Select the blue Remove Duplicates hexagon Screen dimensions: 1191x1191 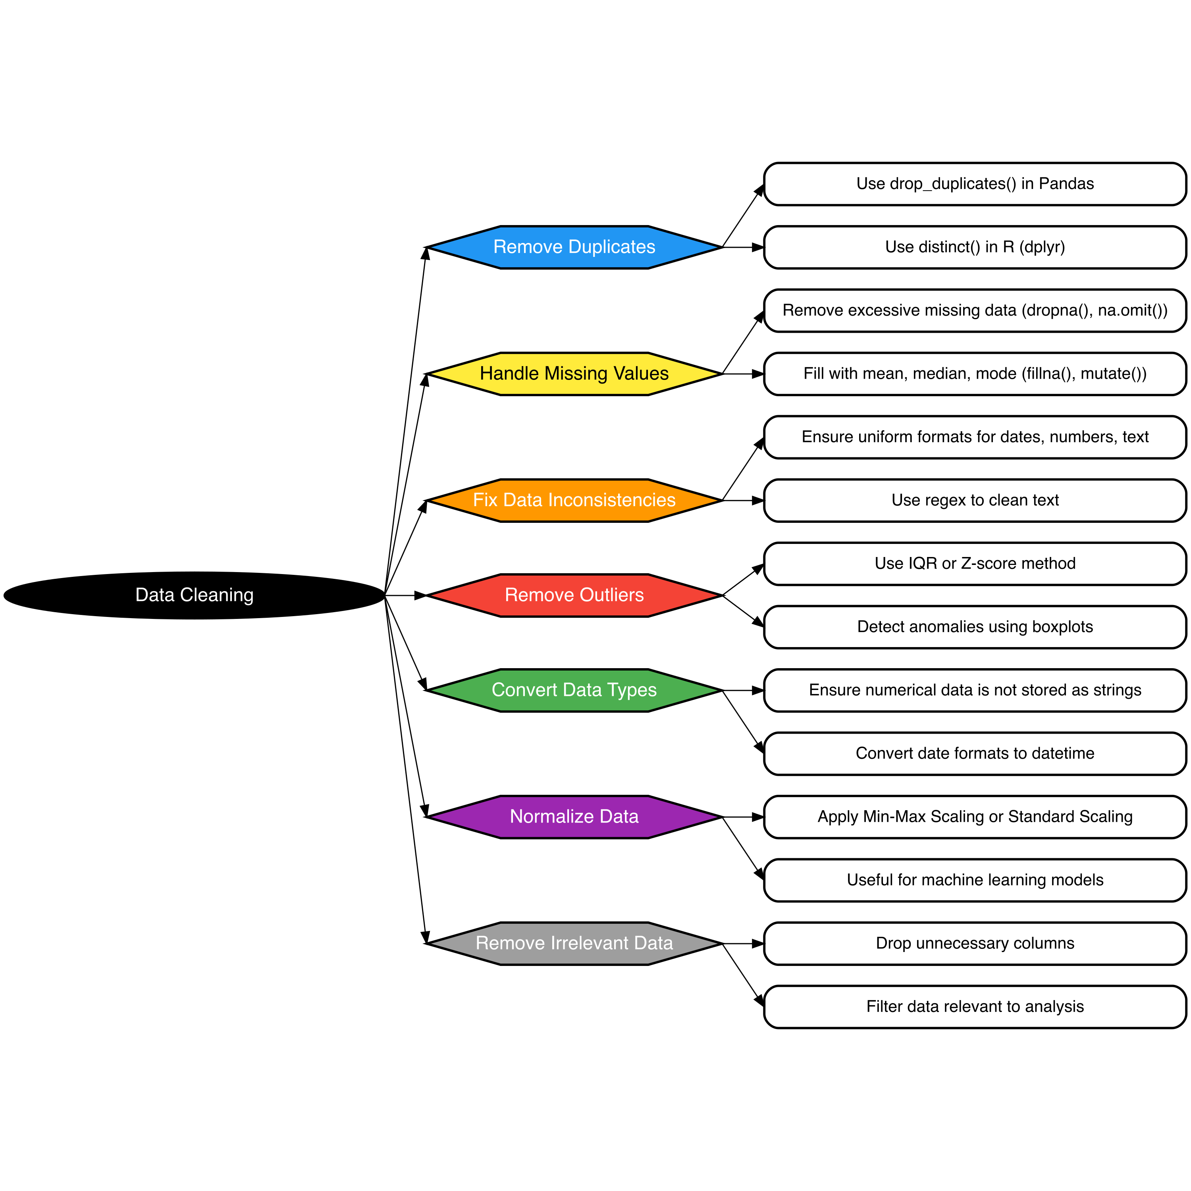click(x=574, y=247)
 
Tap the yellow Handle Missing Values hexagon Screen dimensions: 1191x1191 click(x=574, y=374)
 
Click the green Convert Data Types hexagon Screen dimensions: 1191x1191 click(x=574, y=690)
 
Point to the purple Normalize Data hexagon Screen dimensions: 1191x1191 click(x=574, y=817)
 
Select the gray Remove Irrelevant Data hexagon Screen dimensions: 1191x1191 click(x=574, y=944)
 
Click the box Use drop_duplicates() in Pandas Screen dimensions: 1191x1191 click(x=975, y=184)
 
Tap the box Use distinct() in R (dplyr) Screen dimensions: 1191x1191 click(x=975, y=247)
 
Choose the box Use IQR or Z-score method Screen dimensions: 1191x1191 click(x=975, y=563)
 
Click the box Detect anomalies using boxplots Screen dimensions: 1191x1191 click(x=975, y=627)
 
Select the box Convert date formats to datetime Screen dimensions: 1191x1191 click(x=975, y=754)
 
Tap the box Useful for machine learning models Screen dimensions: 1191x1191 click(x=975, y=880)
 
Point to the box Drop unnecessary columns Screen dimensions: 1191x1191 click(x=975, y=944)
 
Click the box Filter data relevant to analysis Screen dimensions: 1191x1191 click(x=975, y=1007)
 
